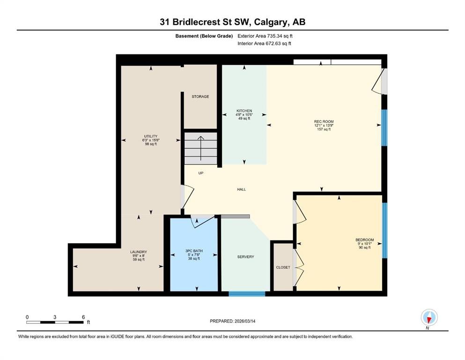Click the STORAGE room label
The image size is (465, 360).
click(x=200, y=97)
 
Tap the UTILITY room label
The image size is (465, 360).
click(x=151, y=136)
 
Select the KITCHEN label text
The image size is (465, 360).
click(x=244, y=111)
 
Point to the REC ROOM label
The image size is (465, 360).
click(x=324, y=121)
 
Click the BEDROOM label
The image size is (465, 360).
click(x=364, y=240)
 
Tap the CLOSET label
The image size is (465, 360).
click(x=283, y=267)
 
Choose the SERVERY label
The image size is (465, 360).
click(x=245, y=257)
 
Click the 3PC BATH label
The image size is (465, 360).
click(x=194, y=251)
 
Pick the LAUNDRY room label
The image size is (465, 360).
click(x=139, y=252)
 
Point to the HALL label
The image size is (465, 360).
click(x=241, y=189)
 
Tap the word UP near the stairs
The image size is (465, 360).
click(x=201, y=173)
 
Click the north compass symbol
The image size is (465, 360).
click(x=429, y=317)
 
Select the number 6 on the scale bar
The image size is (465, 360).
click(x=83, y=317)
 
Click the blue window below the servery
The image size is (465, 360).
click(x=247, y=294)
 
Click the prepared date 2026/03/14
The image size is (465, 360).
click(x=244, y=321)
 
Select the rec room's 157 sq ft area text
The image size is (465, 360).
click(x=324, y=129)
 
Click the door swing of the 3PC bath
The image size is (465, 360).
click(x=203, y=221)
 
